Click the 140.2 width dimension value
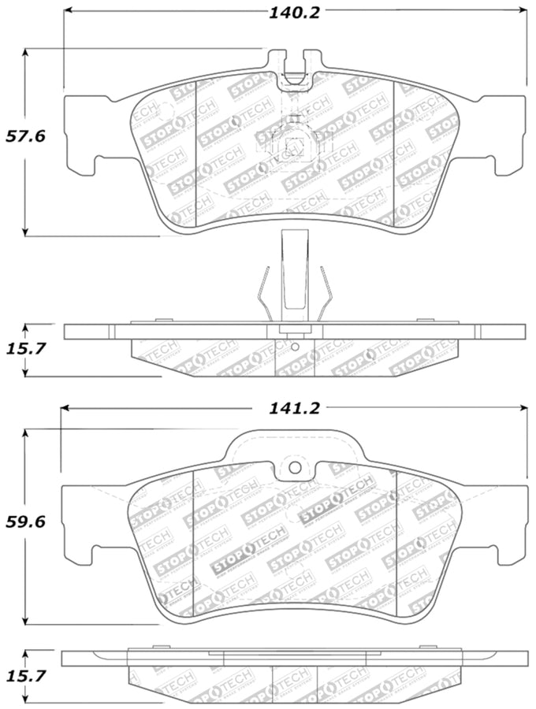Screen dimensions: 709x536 coord(295,12)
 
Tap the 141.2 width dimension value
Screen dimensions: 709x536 coord(295,408)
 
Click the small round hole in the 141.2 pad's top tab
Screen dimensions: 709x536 coord(295,467)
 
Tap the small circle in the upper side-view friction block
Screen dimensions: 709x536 coord(294,346)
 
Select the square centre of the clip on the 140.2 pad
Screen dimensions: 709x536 coord(295,145)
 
